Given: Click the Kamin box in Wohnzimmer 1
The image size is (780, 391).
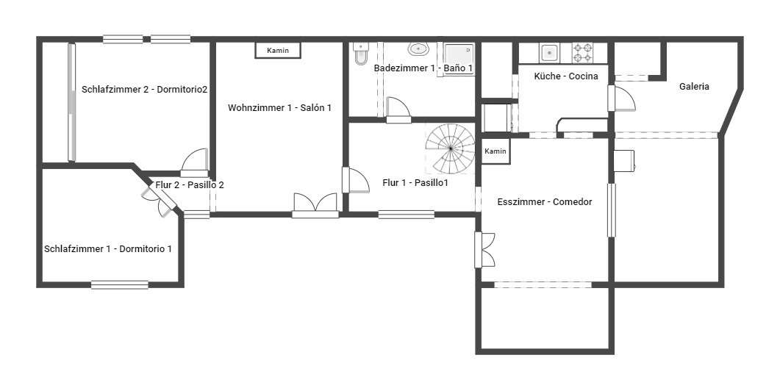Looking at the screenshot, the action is (278, 50).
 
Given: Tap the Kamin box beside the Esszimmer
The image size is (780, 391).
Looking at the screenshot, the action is (495, 151).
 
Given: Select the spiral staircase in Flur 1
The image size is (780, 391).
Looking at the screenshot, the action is (450, 148).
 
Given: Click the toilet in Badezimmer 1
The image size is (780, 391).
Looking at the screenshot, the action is (361, 53).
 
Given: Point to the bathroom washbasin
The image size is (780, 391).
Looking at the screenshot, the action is (419, 49).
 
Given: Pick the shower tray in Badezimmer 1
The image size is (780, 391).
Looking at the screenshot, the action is (459, 60).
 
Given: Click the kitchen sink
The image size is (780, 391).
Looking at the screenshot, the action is (549, 53).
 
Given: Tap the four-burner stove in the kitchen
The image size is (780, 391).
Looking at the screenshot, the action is (582, 53).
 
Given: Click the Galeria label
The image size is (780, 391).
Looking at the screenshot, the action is (694, 87).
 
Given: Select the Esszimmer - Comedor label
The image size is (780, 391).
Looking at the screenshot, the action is (545, 202).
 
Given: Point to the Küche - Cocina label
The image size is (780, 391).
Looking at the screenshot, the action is (566, 76).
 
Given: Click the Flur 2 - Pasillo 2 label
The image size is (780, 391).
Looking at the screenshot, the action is (190, 185).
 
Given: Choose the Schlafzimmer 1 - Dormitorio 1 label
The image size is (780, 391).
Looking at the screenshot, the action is (108, 248).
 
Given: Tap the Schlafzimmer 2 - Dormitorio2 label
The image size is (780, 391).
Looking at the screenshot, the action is (144, 90).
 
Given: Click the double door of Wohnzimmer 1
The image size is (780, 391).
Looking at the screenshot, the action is (315, 206).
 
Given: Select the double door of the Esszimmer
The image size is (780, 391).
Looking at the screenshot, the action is (484, 250).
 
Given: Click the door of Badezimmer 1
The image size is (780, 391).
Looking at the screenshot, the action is (398, 110).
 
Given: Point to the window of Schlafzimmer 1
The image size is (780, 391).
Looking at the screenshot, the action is (120, 284).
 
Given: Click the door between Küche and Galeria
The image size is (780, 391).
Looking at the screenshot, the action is (621, 98).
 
